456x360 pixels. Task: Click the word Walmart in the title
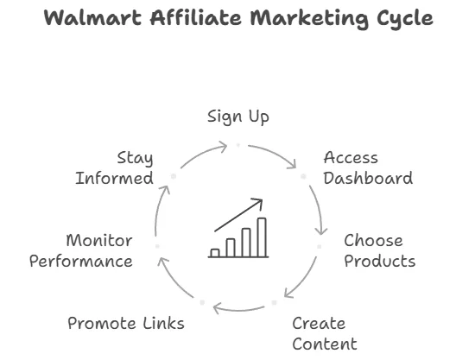pyautogui.click(x=92, y=17)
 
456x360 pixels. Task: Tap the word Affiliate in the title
pyautogui.click(x=196, y=17)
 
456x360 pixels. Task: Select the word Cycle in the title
pyautogui.click(x=405, y=19)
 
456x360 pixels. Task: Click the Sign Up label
pyautogui.click(x=238, y=117)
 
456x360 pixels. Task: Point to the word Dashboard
pyautogui.click(x=368, y=178)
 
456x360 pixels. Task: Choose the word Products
pyautogui.click(x=380, y=261)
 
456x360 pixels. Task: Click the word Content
pyautogui.click(x=325, y=344)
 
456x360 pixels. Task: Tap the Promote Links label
pyautogui.click(x=126, y=323)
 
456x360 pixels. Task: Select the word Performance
pyautogui.click(x=81, y=261)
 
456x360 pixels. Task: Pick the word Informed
pyautogui.click(x=114, y=178)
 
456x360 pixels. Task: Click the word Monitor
pyautogui.click(x=99, y=241)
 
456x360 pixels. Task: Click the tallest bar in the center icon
pyautogui.click(x=262, y=237)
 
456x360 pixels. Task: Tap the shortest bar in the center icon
pyautogui.click(x=215, y=253)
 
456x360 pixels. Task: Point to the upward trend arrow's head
pyautogui.click(x=259, y=201)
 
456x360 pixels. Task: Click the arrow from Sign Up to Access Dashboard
pyautogui.click(x=275, y=155)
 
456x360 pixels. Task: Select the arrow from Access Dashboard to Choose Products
pyautogui.click(x=320, y=210)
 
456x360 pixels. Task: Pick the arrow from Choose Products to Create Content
pyautogui.click(x=303, y=280)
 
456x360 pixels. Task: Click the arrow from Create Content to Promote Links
pyautogui.click(x=238, y=310)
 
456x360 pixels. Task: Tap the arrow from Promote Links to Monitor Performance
pyautogui.click(x=174, y=280)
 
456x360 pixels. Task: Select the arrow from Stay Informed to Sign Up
pyautogui.click(x=203, y=154)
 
